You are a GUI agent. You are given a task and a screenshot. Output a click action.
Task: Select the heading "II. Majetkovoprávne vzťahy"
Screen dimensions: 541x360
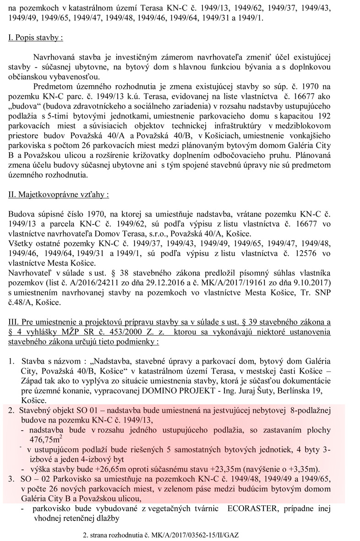click(59, 194)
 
